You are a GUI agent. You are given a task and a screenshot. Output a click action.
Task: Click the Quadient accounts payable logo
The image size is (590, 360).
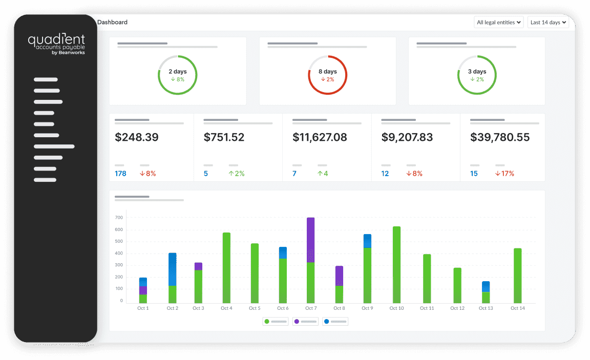pyautogui.click(x=56, y=44)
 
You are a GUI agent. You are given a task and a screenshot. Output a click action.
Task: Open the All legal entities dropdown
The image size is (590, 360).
pyautogui.click(x=498, y=23)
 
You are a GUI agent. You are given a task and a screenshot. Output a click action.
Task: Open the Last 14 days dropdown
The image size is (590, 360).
pyautogui.click(x=548, y=23)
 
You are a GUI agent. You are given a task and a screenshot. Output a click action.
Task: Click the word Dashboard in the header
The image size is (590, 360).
pyautogui.click(x=112, y=23)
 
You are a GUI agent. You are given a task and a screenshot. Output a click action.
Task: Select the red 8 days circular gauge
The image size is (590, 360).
pyautogui.click(x=327, y=75)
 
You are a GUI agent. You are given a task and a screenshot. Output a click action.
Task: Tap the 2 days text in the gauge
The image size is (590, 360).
pyautogui.click(x=177, y=72)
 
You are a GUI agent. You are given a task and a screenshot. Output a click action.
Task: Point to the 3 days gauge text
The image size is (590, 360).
pyautogui.click(x=477, y=72)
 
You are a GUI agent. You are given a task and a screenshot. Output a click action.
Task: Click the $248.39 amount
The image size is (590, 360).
pyautogui.click(x=137, y=137)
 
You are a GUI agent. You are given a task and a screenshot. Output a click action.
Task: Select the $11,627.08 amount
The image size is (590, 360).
pyautogui.click(x=320, y=137)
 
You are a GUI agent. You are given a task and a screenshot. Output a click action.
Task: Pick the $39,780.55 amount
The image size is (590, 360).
pyautogui.click(x=500, y=137)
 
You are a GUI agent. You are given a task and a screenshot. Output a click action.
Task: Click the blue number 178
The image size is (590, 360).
pyautogui.click(x=120, y=174)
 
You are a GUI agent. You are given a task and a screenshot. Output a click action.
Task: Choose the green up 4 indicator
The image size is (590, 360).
pyautogui.click(x=323, y=174)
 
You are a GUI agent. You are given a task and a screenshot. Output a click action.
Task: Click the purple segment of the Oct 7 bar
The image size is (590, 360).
pyautogui.click(x=310, y=240)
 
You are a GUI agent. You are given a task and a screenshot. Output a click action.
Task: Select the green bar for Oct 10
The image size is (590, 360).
pyautogui.click(x=396, y=265)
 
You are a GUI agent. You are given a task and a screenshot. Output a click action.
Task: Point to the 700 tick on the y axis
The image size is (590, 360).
pyautogui.click(x=119, y=218)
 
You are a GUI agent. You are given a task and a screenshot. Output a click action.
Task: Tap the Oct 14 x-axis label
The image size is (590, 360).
pyautogui.click(x=518, y=308)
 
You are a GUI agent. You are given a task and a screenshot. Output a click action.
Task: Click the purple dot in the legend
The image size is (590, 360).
pyautogui.click(x=297, y=321)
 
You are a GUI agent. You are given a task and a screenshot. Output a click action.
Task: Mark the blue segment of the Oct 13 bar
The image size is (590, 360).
pyautogui.click(x=486, y=286)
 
